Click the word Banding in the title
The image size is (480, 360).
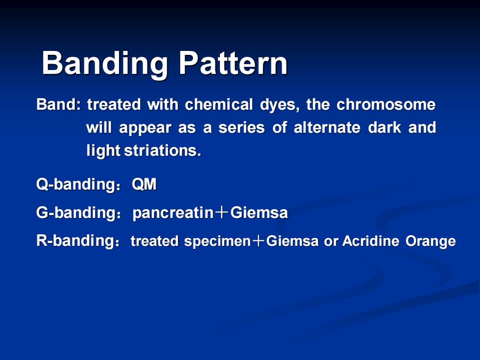[x=105, y=64]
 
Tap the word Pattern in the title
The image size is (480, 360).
[x=233, y=63]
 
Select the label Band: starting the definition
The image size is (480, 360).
[x=58, y=104]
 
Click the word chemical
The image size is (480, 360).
[x=219, y=104]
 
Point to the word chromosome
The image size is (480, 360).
[x=386, y=104]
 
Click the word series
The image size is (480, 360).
[x=241, y=127]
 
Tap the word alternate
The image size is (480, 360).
[x=327, y=127]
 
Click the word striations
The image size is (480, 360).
[x=163, y=150]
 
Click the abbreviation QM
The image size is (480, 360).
[x=144, y=184]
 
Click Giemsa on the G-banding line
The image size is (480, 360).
[x=259, y=213]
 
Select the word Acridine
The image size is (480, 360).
[x=371, y=241]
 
